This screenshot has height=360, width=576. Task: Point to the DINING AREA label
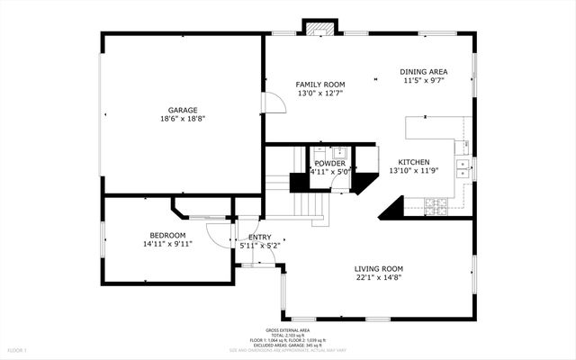424,71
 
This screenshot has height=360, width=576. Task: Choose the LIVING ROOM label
378,268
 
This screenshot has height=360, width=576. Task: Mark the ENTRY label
260,237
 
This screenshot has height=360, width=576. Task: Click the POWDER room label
329,163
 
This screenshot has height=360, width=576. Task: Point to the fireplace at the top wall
317,27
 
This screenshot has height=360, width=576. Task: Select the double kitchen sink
463,166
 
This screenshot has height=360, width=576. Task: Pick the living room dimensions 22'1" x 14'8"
378,278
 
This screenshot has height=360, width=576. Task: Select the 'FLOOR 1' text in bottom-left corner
17,349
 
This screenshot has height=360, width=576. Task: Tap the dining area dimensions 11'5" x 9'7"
424,80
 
